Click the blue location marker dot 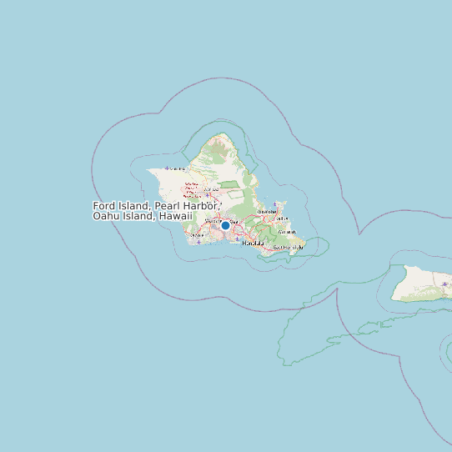click(225, 225)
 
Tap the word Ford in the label click(105, 206)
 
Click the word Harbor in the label click(201, 206)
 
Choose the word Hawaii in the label click(175, 216)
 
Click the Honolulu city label click(253, 243)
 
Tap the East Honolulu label click(288, 248)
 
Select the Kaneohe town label click(267, 212)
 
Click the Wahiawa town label click(211, 189)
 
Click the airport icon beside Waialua click(167, 168)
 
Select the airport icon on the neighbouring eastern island click(444, 284)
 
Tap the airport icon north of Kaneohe click(275, 203)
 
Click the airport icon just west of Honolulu click(238, 239)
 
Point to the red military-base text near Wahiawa click(192, 183)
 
